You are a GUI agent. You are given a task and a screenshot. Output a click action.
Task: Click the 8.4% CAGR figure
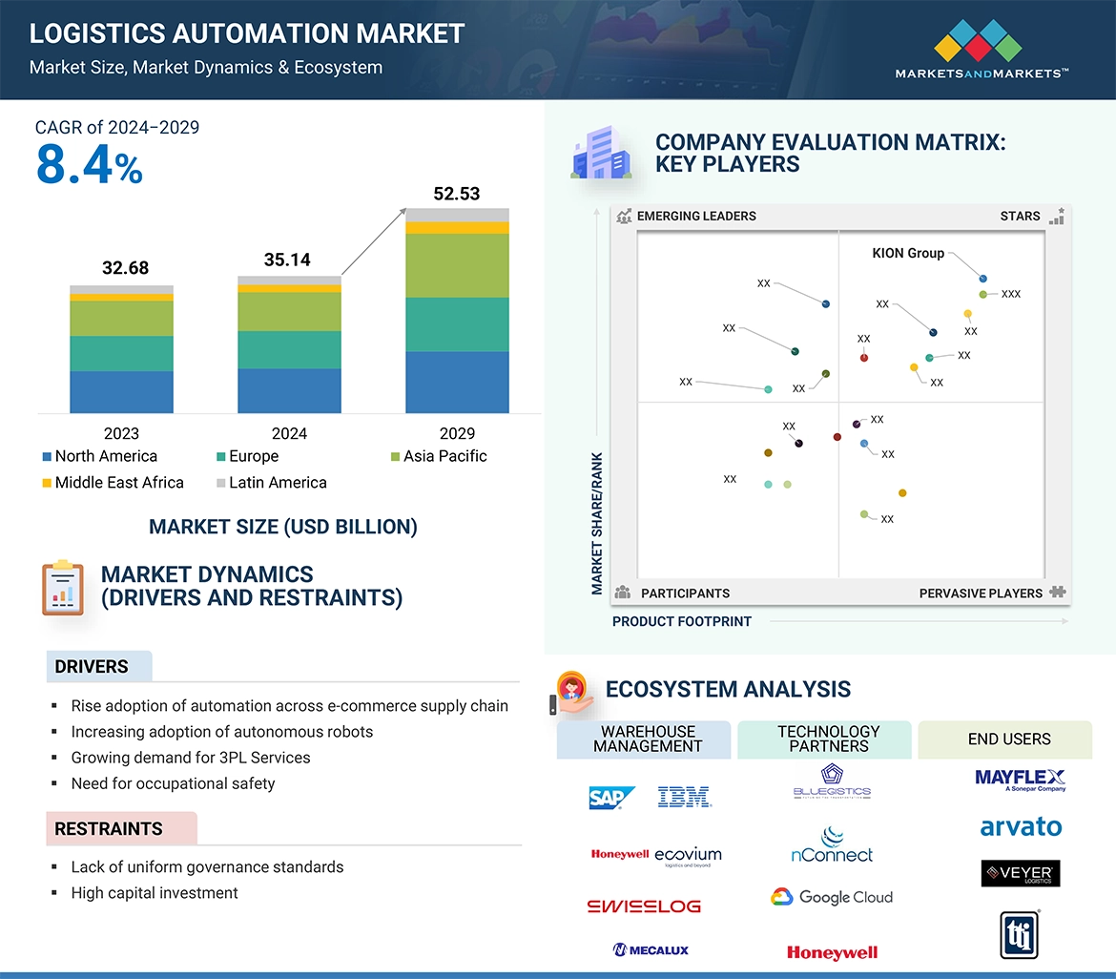point(89,165)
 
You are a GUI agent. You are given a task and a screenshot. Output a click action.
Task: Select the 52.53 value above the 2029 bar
point(456,194)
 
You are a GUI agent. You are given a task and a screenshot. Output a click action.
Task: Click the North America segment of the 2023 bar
point(121,392)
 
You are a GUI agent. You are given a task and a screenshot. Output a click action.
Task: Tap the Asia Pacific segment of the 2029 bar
point(457,265)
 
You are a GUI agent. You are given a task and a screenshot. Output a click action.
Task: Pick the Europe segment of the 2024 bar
point(289,349)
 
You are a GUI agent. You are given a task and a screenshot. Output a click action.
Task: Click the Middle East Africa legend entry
point(113,483)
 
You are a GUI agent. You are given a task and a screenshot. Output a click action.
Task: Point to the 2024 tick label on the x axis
point(289,433)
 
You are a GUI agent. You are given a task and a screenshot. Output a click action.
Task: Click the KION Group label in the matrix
point(908,254)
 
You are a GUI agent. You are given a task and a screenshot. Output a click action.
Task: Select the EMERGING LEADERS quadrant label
point(696,217)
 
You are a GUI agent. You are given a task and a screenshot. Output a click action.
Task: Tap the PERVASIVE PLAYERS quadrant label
point(981,594)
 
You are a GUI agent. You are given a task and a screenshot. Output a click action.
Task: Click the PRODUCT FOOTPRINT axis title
point(682,622)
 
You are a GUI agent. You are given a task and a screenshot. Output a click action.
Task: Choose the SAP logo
point(611,798)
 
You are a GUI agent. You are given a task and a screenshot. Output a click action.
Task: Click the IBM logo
point(684,798)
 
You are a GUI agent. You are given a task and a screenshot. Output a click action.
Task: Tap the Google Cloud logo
point(832,897)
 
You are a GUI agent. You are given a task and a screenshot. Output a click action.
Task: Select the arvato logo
point(1021,827)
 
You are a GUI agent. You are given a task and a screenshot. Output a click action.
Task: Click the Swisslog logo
point(644,906)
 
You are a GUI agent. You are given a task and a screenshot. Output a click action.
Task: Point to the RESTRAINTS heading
point(109,829)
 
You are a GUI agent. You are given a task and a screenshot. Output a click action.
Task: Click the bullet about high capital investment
point(155,893)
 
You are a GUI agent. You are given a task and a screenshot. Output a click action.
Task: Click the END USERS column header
point(1009,739)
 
